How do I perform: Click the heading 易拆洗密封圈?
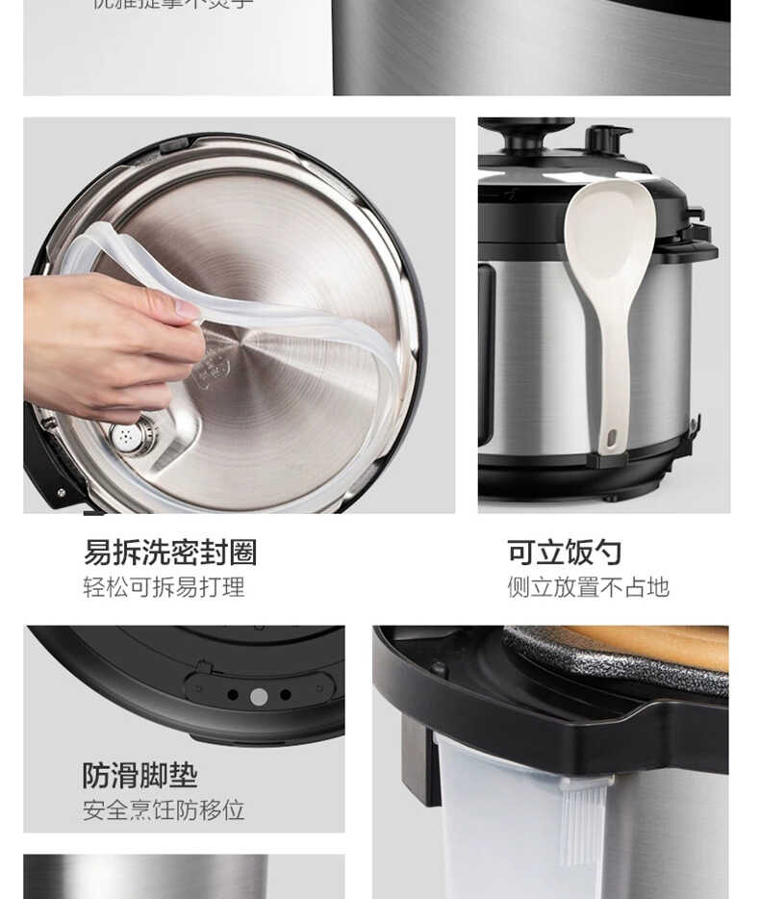click(169, 552)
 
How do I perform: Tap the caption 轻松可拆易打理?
click(164, 587)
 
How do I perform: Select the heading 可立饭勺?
click(564, 552)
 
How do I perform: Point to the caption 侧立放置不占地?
click(588, 587)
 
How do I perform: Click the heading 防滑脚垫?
click(139, 776)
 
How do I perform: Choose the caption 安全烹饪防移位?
click(164, 810)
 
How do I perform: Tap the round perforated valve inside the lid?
click(130, 437)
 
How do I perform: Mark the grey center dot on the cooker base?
click(259, 696)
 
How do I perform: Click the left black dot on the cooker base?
click(233, 695)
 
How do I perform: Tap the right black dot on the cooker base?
click(286, 695)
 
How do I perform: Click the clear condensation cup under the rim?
click(500, 828)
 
